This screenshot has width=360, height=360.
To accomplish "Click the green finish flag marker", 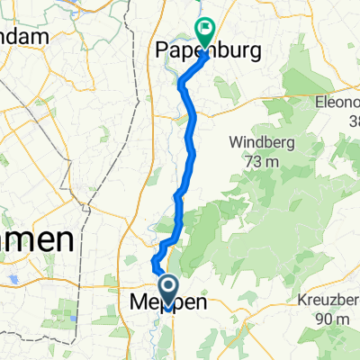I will click(x=205, y=32).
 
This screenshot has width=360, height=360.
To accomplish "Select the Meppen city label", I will click(x=168, y=303).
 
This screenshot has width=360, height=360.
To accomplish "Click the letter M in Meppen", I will click(x=139, y=303).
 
